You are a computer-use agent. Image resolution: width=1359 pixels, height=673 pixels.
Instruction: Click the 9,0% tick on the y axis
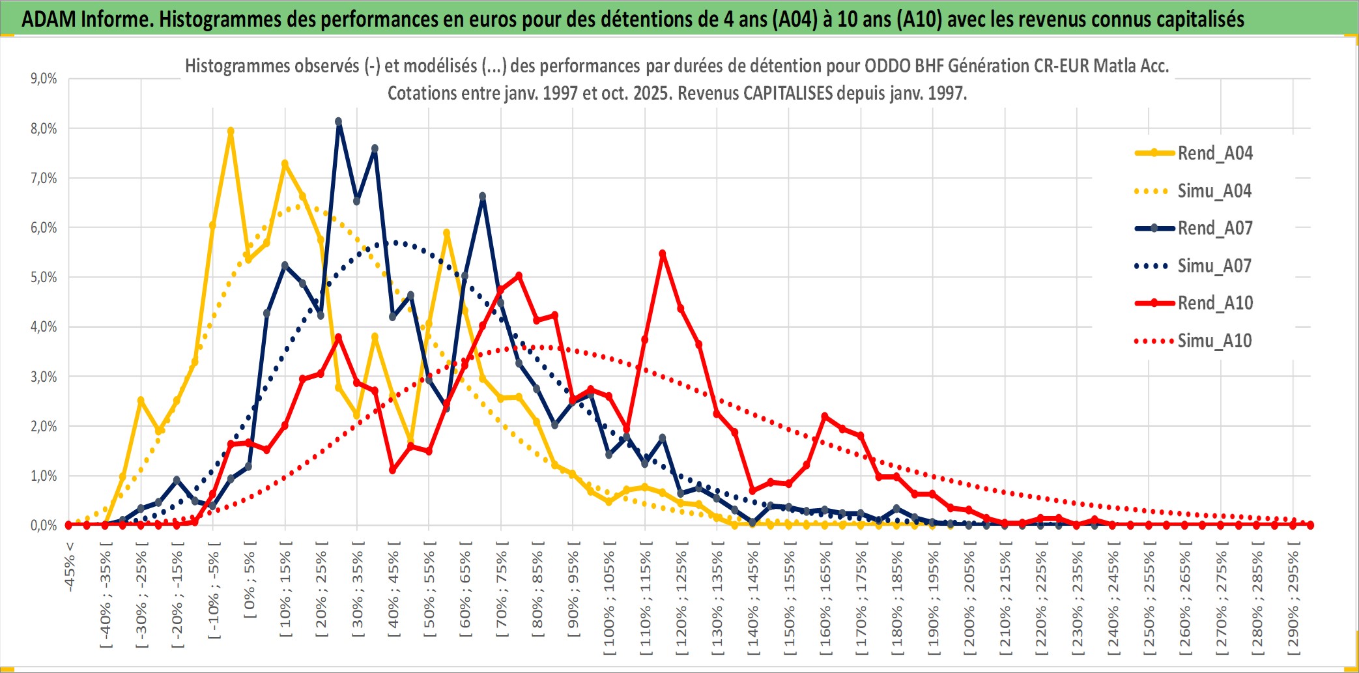tap(44, 79)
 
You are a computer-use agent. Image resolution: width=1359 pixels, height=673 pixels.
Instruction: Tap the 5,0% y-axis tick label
tap(44, 278)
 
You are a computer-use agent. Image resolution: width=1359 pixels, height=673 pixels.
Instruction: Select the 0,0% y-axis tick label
tap(44, 526)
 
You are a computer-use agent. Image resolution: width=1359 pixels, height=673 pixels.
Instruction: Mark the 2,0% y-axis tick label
tap(44, 427)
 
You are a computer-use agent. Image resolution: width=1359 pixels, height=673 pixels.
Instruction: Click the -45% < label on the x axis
tap(70, 567)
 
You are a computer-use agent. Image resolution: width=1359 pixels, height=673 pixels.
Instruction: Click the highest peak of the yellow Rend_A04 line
tap(231, 131)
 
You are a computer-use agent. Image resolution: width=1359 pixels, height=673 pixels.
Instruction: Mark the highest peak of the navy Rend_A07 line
tap(339, 122)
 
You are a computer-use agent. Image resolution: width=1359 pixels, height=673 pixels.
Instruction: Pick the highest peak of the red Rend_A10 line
tap(663, 253)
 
